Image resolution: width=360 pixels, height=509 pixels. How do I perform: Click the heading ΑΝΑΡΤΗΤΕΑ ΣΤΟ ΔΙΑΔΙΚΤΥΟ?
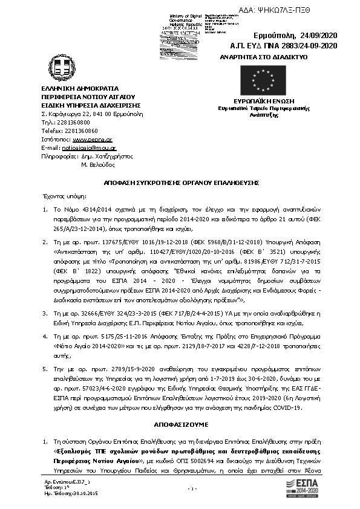click(265, 56)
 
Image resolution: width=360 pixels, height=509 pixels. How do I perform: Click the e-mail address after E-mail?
click(90, 147)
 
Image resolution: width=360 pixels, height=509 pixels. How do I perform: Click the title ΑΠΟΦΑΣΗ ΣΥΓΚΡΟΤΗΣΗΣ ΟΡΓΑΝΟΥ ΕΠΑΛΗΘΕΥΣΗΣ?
click(180, 181)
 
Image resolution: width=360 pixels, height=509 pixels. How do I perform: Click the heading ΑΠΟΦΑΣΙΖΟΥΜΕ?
click(180, 425)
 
